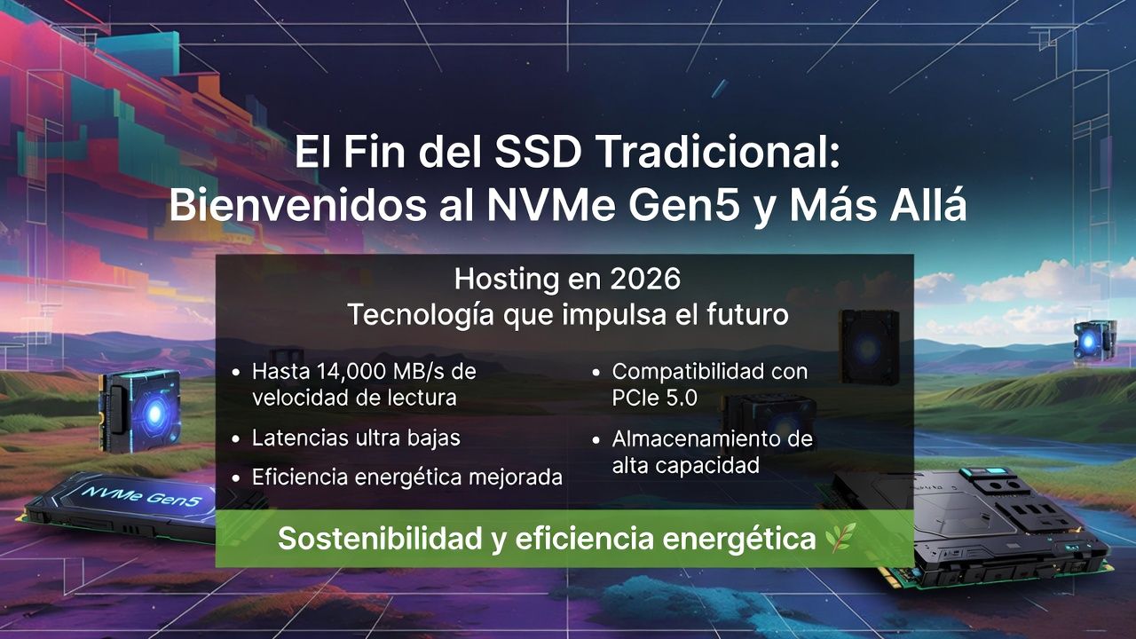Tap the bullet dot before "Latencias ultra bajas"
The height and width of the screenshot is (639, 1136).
pyautogui.click(x=235, y=438)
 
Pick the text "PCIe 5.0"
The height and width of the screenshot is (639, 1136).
pyautogui.click(x=654, y=398)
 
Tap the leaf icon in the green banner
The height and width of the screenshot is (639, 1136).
pyautogui.click(x=839, y=537)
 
